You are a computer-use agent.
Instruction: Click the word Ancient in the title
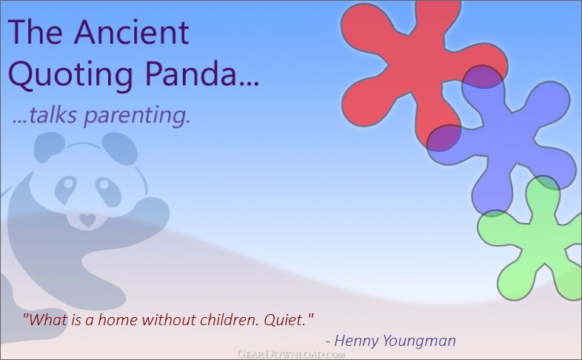pos(131,32)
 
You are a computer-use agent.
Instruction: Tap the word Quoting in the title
pos(70,74)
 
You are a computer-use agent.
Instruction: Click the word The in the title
pos(36,32)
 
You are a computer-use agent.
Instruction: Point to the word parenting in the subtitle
pos(137,116)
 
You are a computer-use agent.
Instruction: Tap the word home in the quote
pos(117,319)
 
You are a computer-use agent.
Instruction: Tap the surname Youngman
pos(419,341)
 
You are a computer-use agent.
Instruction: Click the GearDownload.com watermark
pos(292,353)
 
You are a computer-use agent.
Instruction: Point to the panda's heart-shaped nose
pos(87,219)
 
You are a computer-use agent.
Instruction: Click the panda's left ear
pos(49,147)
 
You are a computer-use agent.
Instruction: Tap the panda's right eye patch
pos(108,190)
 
